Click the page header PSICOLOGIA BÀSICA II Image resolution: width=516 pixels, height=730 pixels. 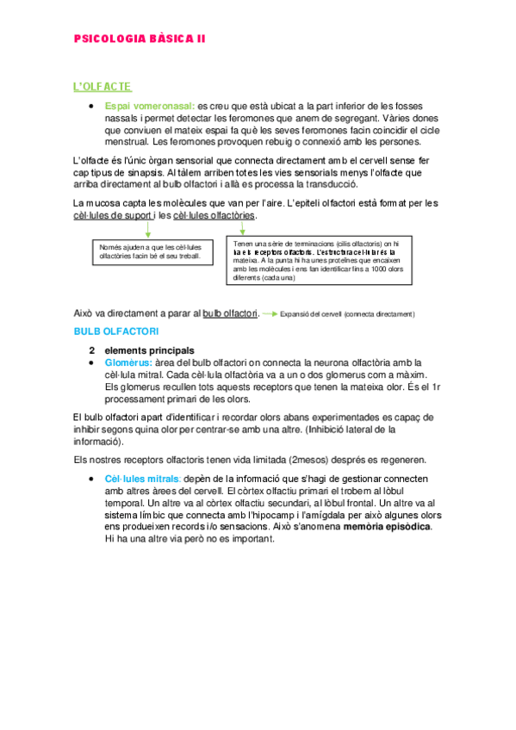139,39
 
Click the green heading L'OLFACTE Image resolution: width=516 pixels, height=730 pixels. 102,86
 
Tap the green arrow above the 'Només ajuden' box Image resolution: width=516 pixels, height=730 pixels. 148,229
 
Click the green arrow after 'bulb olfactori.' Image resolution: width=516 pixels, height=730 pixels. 270,313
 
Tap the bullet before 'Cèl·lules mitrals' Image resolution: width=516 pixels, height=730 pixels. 91,478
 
